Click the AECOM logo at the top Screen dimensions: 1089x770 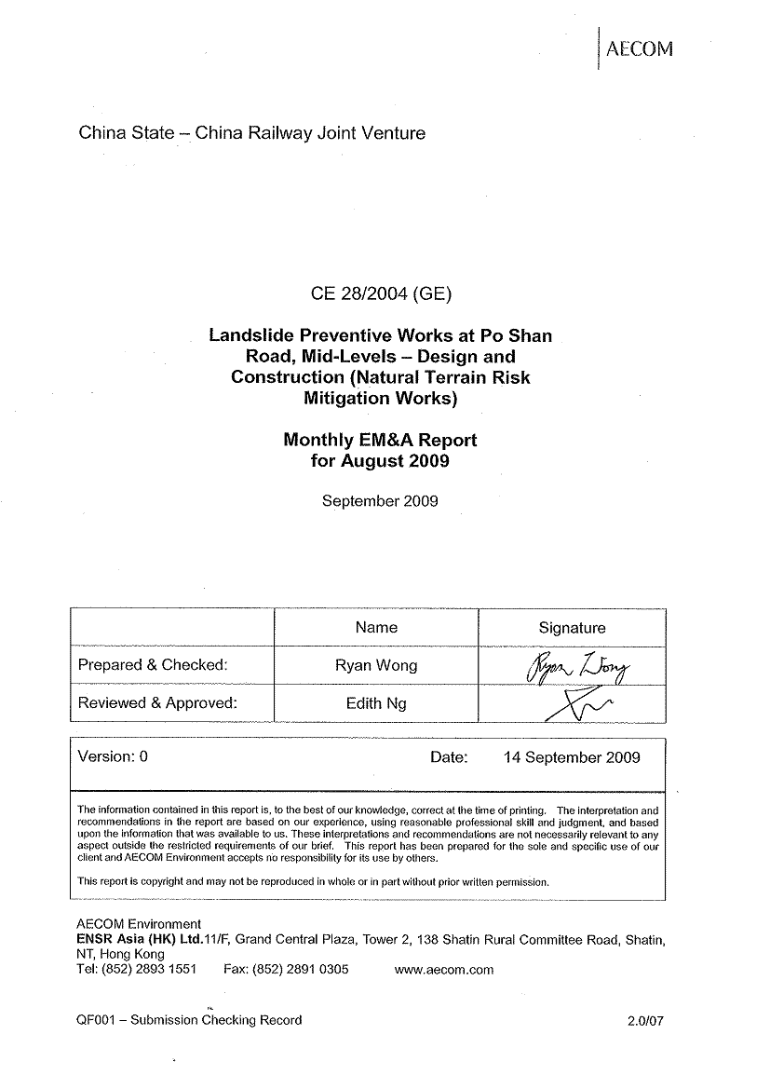click(x=639, y=49)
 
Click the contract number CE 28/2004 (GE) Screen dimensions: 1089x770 click(x=381, y=294)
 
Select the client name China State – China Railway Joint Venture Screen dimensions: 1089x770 click(x=252, y=133)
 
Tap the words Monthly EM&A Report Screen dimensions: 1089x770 click(x=380, y=441)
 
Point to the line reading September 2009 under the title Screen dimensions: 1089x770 click(x=380, y=500)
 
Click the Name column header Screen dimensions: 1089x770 click(x=376, y=628)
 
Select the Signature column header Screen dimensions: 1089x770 click(x=572, y=628)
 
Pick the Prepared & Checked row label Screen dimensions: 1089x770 click(x=153, y=665)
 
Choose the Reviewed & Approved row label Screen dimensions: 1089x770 click(x=157, y=703)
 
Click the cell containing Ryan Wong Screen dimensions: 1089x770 click(x=376, y=665)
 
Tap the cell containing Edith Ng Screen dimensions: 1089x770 click(x=376, y=703)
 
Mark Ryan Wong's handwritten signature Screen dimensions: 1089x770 click(x=578, y=665)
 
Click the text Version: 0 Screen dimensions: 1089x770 click(x=113, y=756)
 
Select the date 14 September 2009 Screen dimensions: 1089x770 click(x=572, y=756)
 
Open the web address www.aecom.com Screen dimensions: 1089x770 click(x=444, y=969)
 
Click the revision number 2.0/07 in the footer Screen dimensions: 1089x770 click(x=646, y=1020)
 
